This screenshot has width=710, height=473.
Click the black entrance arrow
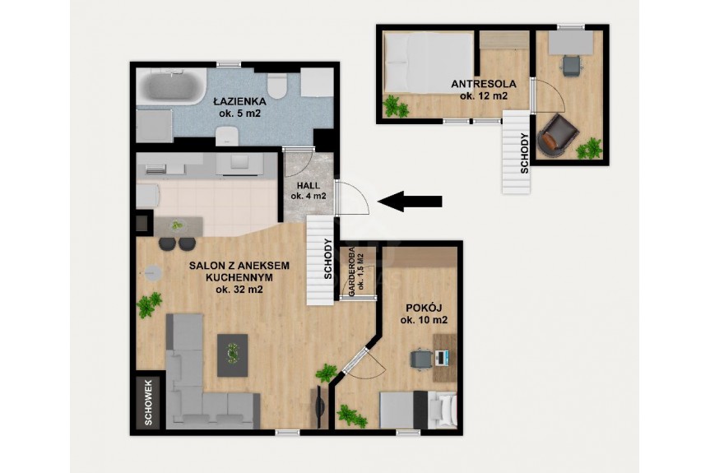(x=410, y=201)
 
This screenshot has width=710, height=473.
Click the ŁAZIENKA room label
(x=239, y=102)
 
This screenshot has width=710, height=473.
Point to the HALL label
(x=309, y=186)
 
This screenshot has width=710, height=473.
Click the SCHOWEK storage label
(x=149, y=402)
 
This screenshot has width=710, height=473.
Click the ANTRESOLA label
(x=484, y=84)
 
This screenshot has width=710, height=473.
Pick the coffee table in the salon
(x=232, y=355)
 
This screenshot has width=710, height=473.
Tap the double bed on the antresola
(x=429, y=63)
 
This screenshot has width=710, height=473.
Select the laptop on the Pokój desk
(x=442, y=358)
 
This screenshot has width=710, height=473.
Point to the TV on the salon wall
(x=320, y=407)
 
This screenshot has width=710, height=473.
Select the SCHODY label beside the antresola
(x=524, y=154)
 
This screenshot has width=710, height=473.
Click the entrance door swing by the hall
(x=352, y=197)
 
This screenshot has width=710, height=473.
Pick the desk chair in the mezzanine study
(x=572, y=65)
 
